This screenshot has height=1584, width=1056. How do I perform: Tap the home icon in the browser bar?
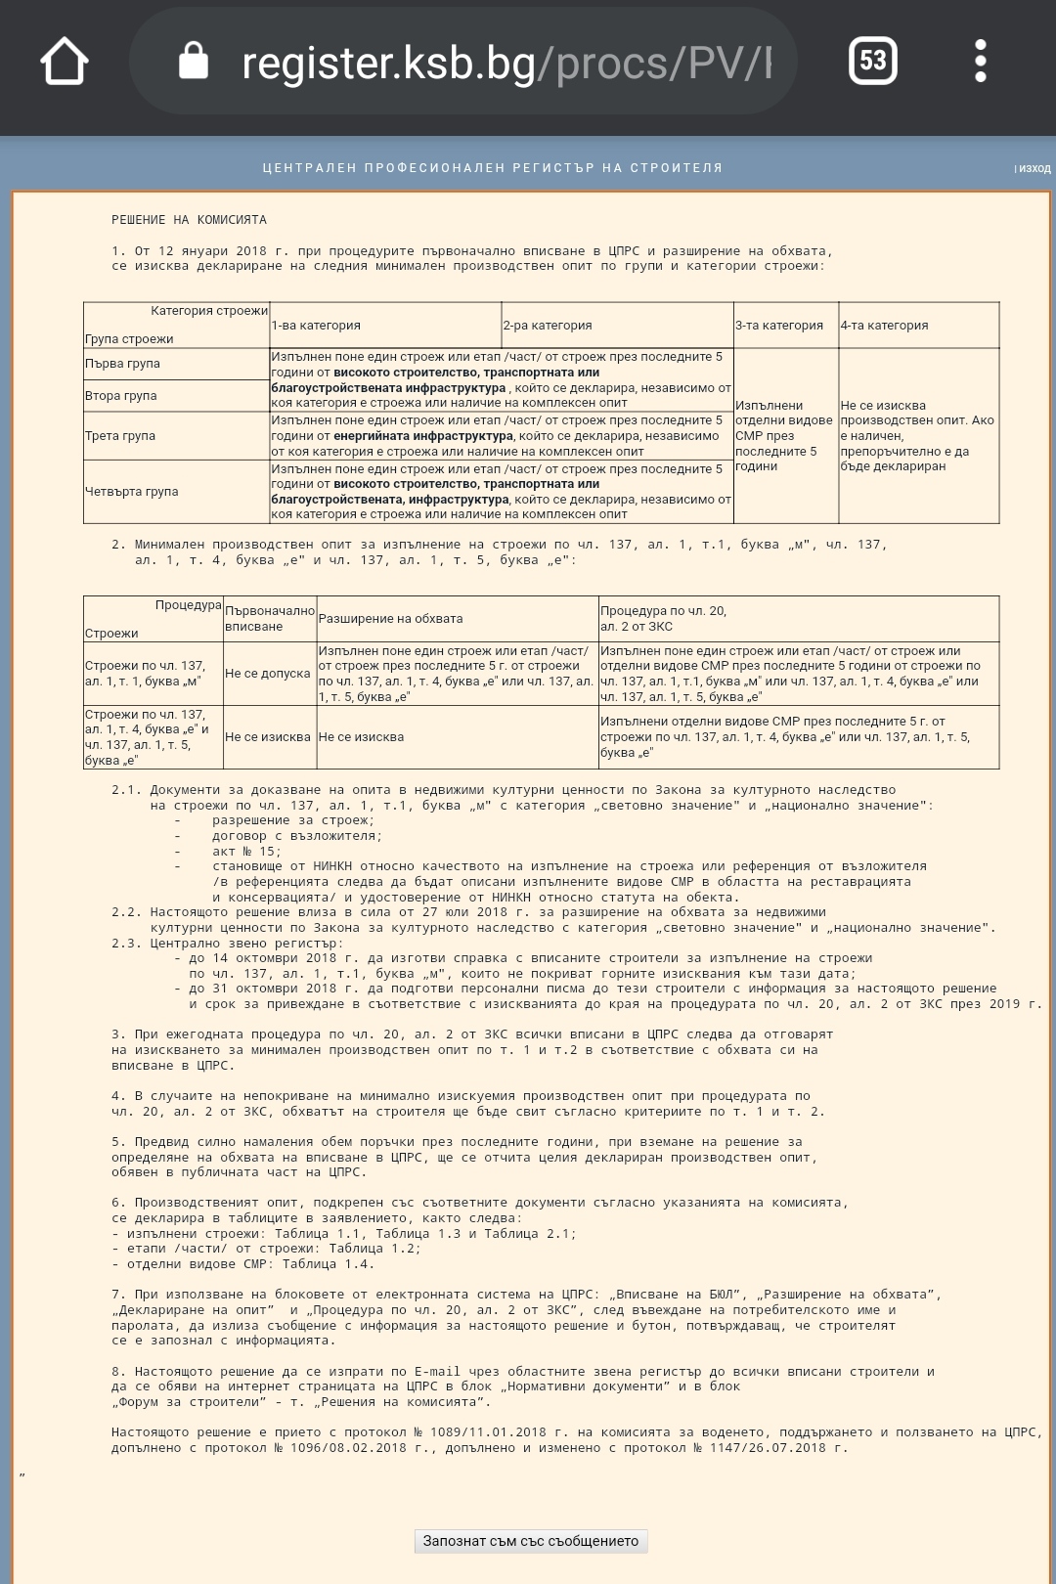pos(65,62)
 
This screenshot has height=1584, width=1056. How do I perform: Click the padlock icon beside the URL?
pos(194,61)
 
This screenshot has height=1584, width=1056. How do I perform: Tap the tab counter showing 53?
pos(872,62)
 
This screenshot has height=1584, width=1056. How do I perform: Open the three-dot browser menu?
pos(981,62)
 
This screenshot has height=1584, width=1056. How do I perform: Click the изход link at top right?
pos(1034,168)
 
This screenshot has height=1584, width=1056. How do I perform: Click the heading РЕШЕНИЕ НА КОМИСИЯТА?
pos(189,220)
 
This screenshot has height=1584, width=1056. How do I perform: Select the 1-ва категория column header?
pos(316,326)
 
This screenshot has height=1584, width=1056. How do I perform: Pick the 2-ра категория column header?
pos(548,326)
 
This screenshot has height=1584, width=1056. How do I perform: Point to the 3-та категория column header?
pos(779,326)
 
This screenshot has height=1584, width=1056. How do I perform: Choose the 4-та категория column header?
pos(884,326)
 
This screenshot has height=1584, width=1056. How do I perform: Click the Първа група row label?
pos(122,364)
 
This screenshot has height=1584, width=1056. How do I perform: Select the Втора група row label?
pos(120,396)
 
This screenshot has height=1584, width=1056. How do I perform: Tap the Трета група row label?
pos(120,436)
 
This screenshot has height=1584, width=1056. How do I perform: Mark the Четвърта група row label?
pos(131,492)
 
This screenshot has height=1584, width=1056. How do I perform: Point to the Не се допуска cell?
pos(267,674)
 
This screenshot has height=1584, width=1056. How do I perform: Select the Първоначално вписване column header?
pos(269,619)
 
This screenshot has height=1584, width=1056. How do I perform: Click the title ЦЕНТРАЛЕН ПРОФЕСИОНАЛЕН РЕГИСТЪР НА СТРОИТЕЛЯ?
pos(493,168)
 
